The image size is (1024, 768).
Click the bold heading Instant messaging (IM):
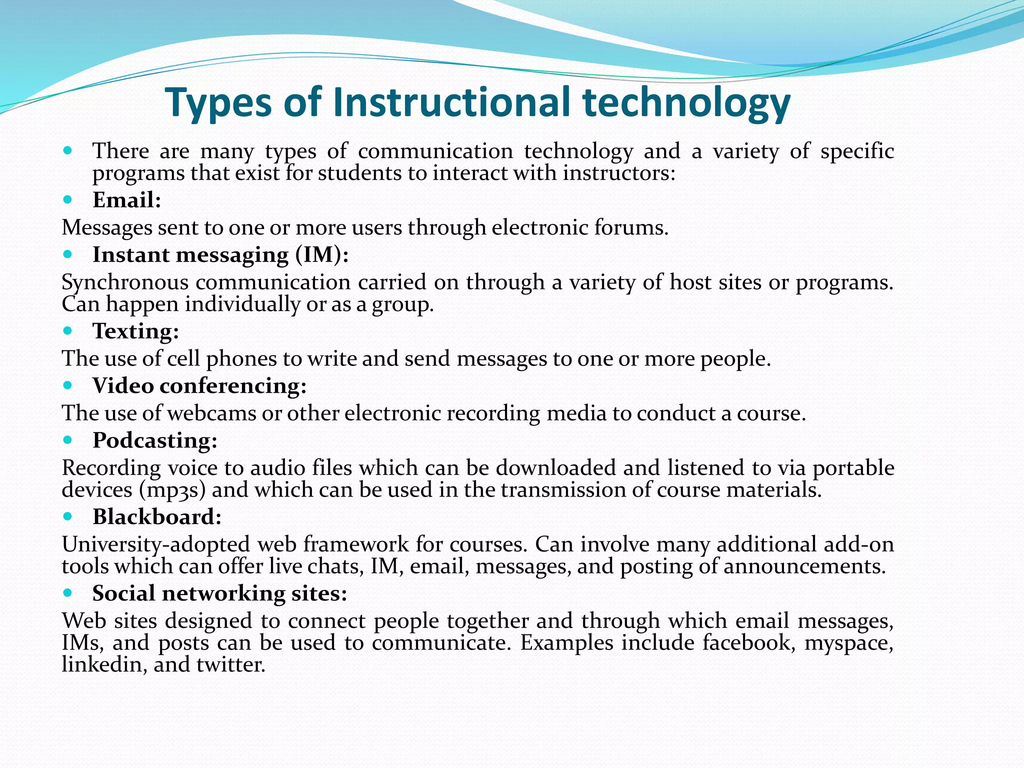pos(220,255)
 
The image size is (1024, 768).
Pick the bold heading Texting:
pos(136,331)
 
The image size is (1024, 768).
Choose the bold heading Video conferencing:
pos(199,386)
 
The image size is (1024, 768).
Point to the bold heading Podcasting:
pos(155,440)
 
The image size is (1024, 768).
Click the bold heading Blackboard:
pos(157,517)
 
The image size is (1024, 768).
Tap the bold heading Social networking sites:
pos(219,593)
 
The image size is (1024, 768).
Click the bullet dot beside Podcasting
pos(68,440)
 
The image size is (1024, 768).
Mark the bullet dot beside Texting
pos(68,330)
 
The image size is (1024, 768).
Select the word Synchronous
pos(125,283)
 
